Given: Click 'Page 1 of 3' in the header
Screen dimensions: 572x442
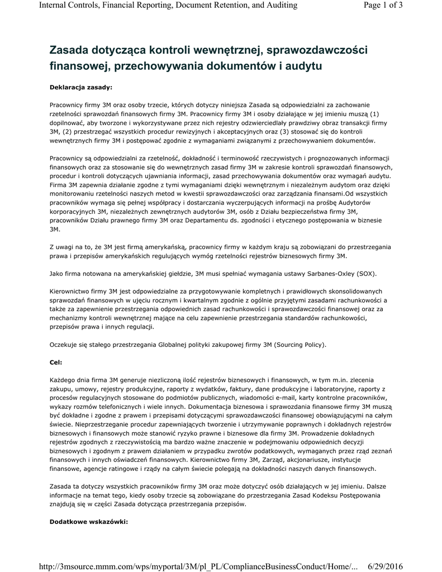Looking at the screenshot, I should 383,6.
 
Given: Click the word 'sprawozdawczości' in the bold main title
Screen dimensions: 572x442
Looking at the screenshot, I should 316,51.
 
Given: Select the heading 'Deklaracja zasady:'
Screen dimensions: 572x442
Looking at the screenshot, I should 81,87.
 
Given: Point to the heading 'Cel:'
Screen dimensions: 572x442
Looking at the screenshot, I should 56,363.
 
